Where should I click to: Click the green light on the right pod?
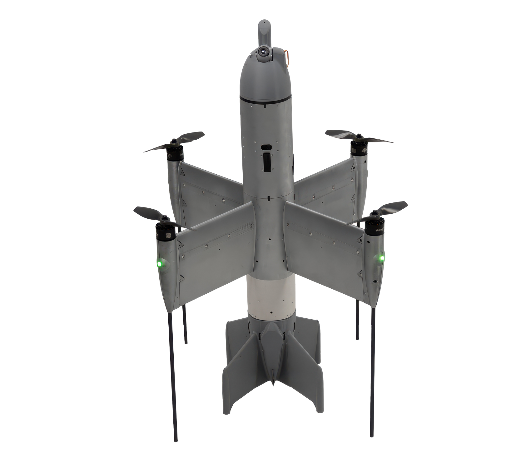click(381, 258)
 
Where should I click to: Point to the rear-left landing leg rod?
click(186, 325)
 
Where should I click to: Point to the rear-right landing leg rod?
click(357, 322)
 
